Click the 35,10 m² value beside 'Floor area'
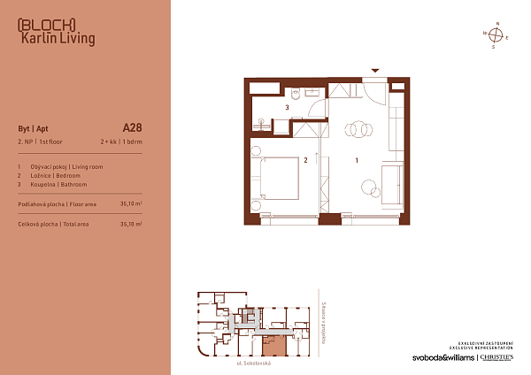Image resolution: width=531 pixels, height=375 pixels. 131,203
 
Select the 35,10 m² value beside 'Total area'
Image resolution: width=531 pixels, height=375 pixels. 131,225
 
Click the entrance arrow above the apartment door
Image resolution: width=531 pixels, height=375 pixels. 375,70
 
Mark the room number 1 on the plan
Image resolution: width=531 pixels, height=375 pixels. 356,161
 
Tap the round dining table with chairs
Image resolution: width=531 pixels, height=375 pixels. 358,129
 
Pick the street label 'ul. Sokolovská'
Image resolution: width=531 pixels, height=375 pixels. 252,364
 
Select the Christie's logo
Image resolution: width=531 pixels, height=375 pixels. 502,358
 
